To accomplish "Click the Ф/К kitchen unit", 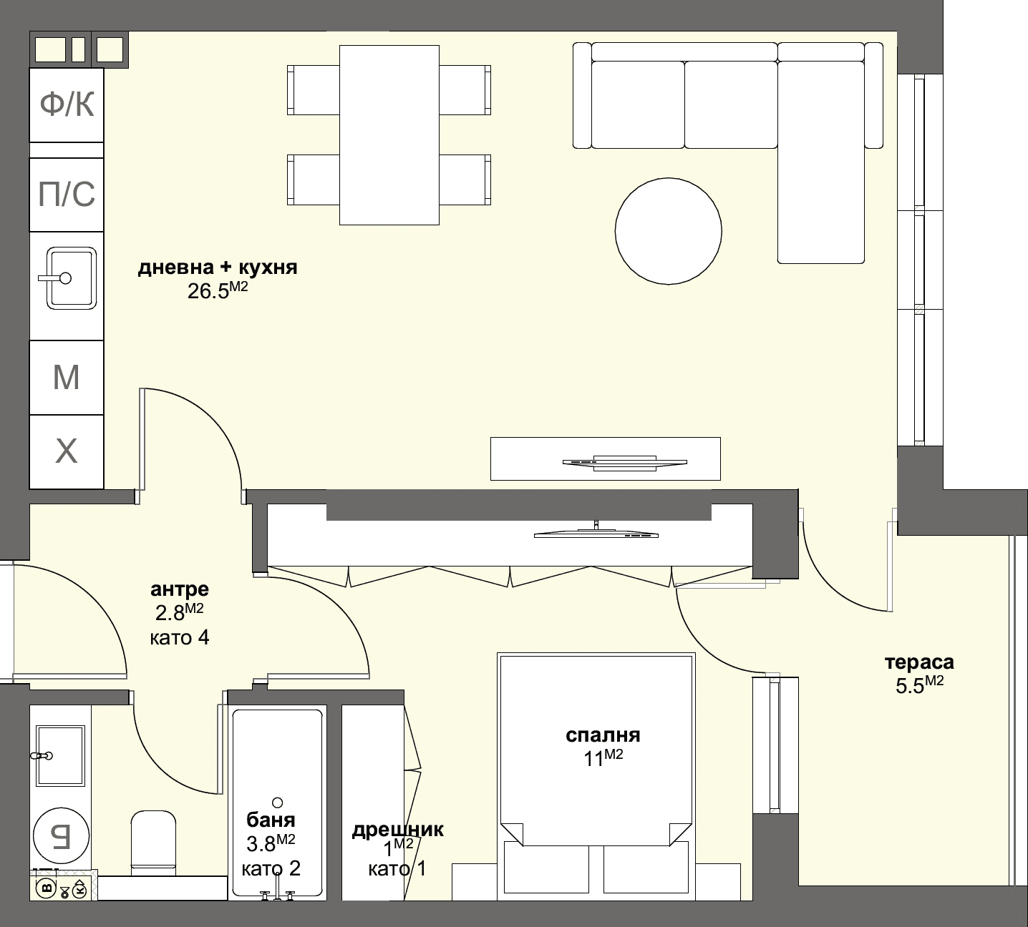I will click(x=67, y=104).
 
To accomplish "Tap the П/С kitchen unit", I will click(x=67, y=195).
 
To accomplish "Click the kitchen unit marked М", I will click(x=67, y=377).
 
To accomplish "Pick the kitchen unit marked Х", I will click(x=67, y=451).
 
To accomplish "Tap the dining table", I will click(x=389, y=134).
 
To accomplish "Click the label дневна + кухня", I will click(x=218, y=268).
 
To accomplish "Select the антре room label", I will click(x=180, y=589).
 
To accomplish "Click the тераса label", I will click(x=919, y=662).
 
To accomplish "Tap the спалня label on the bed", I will click(x=603, y=735).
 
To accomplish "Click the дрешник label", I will click(x=397, y=830).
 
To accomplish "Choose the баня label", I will click(x=271, y=820).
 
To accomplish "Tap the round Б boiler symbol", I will click(x=62, y=834).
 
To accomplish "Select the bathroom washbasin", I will click(x=60, y=755).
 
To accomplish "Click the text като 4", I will click(x=180, y=637).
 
